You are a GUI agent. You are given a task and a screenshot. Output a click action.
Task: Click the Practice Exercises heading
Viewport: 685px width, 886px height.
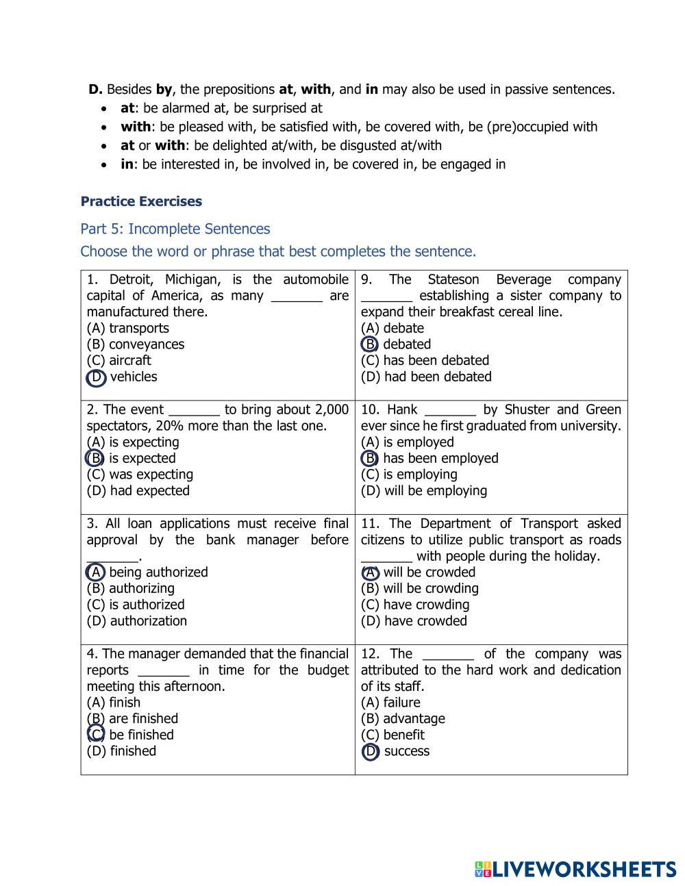pos(141,201)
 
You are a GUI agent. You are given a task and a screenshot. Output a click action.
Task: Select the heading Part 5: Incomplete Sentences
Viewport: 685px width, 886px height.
pos(175,229)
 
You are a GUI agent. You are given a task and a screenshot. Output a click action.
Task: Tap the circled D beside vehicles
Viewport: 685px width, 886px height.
pos(96,377)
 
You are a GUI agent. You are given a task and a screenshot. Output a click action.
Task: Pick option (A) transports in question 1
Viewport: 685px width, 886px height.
pos(128,328)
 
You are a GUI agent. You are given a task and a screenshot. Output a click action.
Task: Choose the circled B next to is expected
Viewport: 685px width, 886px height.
pos(95,458)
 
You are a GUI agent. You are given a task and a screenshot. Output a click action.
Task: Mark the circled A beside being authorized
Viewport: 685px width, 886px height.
pos(95,572)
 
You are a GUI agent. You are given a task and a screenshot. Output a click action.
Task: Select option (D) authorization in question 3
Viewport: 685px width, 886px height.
pos(137,621)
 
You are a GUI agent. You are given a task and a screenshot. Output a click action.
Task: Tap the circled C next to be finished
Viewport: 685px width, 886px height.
pos(96,735)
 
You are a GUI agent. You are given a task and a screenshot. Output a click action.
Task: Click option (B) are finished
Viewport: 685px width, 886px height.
pos(133,718)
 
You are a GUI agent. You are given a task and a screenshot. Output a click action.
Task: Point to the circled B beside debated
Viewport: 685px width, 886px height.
pos(370,344)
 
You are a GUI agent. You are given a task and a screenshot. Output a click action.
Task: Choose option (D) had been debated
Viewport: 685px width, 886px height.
pos(426,377)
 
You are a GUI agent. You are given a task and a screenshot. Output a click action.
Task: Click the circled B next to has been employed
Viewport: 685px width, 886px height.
pos(370,458)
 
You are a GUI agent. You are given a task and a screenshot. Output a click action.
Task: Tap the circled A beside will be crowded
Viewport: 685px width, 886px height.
pos(370,572)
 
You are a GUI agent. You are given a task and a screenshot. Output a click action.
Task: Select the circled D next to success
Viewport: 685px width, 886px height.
pos(370,752)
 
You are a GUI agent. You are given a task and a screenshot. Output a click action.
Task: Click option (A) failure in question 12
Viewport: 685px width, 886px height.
pos(390,703)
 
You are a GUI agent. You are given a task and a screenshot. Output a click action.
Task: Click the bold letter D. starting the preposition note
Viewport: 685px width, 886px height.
pos(95,89)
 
